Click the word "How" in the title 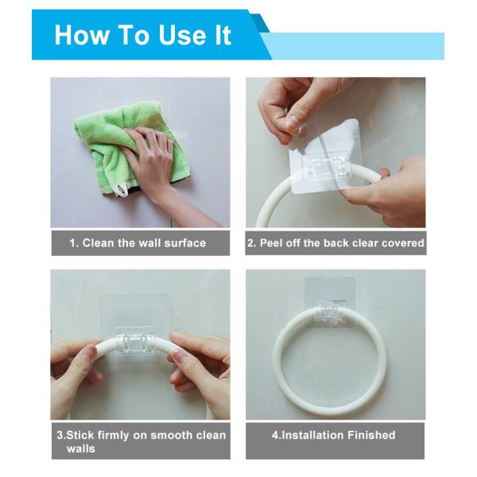[x=82, y=35]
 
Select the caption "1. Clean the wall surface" [x=138, y=243]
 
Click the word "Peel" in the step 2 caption [x=272, y=243]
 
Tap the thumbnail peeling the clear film [x=293, y=121]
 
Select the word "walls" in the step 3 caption [x=81, y=448]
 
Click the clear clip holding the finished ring [x=330, y=311]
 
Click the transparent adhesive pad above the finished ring [x=330, y=292]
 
